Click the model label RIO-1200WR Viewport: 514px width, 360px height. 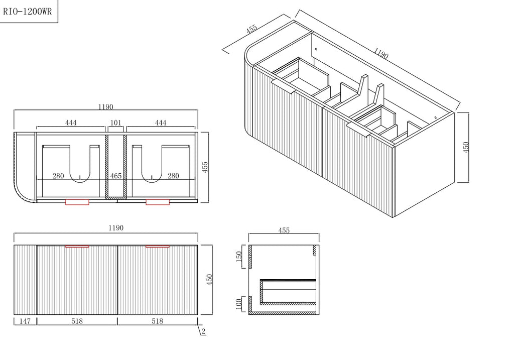[x=28, y=12]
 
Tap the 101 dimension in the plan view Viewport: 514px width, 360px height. [x=116, y=123]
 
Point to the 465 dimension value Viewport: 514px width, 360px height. [x=116, y=176]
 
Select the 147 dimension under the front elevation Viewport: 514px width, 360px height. [x=25, y=321]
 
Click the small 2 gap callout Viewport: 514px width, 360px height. [x=203, y=331]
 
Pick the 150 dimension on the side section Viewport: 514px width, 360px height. [x=239, y=256]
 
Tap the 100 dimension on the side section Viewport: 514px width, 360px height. [x=239, y=303]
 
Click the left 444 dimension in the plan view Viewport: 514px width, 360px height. [x=71, y=123]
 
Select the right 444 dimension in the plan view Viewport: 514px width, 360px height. [x=161, y=123]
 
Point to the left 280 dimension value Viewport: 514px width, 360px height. [x=58, y=176]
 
